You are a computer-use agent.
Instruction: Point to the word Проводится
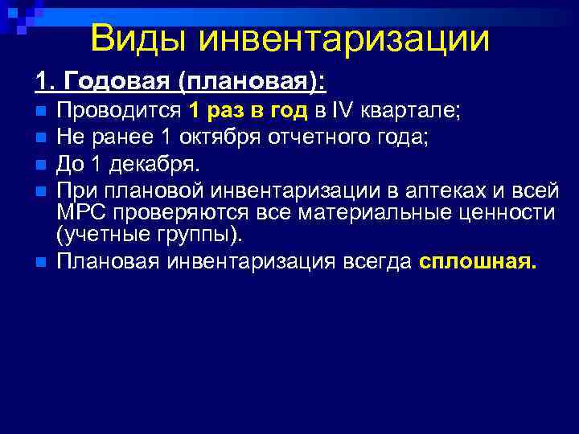[x=120, y=110]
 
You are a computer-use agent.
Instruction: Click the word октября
[x=222, y=137]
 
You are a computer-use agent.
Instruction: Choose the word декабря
[x=153, y=165]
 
